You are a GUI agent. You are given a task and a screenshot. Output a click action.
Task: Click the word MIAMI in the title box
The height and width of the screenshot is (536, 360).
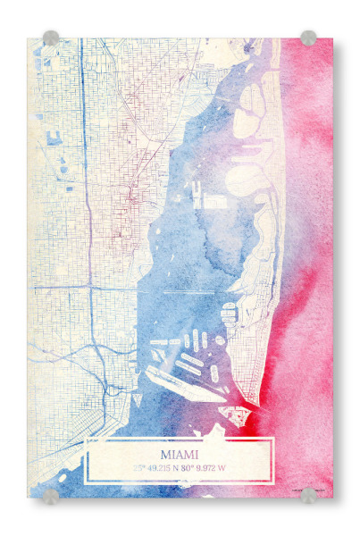(180, 452)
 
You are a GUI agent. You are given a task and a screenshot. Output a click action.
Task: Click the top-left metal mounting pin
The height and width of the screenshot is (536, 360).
(51, 38)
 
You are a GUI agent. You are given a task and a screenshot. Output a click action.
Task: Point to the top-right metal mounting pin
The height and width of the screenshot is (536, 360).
(308, 38)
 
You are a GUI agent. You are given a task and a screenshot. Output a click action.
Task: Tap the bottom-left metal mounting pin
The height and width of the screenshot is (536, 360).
(51, 495)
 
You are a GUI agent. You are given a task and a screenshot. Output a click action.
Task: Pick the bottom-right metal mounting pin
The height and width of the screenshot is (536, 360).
(308, 495)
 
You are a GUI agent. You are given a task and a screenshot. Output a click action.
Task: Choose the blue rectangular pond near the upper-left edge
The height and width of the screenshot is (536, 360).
(54, 139)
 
